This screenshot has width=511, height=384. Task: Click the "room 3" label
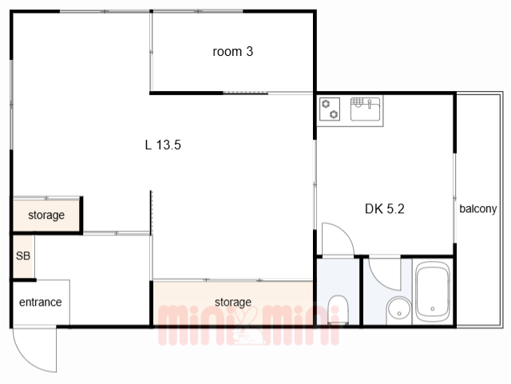pos(232,52)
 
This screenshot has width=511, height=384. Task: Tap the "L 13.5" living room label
pos(163,144)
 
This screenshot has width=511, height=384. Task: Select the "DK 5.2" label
pos(385,208)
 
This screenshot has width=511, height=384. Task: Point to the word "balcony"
pos(478,209)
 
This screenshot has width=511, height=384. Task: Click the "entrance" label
pos(41,303)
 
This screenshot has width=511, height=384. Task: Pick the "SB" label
pos(23,256)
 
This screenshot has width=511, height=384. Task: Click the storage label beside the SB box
pos(46,215)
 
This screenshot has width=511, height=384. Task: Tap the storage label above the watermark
pos(233,303)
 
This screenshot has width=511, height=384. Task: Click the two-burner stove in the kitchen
pos(330,109)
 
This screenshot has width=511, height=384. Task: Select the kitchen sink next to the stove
pos(366,109)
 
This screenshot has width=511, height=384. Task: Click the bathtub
pos(433,291)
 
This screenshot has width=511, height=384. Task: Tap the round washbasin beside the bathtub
pos(399,311)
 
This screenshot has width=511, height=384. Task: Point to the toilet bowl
pos(339,309)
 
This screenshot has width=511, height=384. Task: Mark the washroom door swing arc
pos(378,279)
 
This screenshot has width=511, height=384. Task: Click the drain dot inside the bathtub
pos(433,309)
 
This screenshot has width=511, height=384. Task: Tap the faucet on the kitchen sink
pos(369,104)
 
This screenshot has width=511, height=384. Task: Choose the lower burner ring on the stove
pos(334,114)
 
